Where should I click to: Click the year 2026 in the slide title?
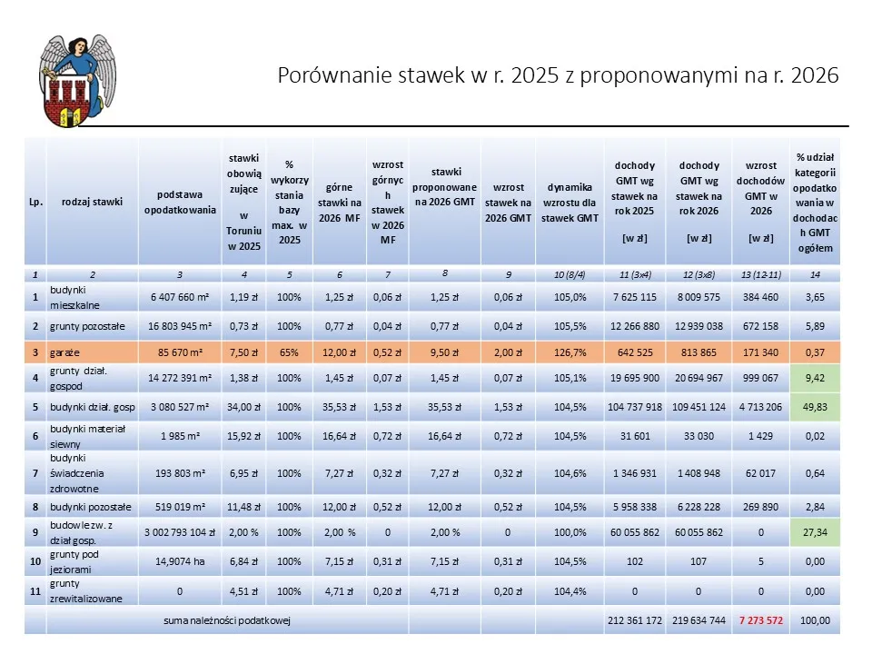[x=814, y=75]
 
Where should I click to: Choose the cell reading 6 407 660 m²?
[x=180, y=296]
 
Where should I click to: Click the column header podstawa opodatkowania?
[x=180, y=202]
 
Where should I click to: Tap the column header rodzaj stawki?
[x=92, y=202]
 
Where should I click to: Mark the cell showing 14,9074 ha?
[x=180, y=561]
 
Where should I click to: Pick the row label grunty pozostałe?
[x=92, y=324]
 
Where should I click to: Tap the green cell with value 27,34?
[x=815, y=531]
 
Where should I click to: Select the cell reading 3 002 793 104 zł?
[x=180, y=531]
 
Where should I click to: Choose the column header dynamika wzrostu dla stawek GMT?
[x=568, y=202]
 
